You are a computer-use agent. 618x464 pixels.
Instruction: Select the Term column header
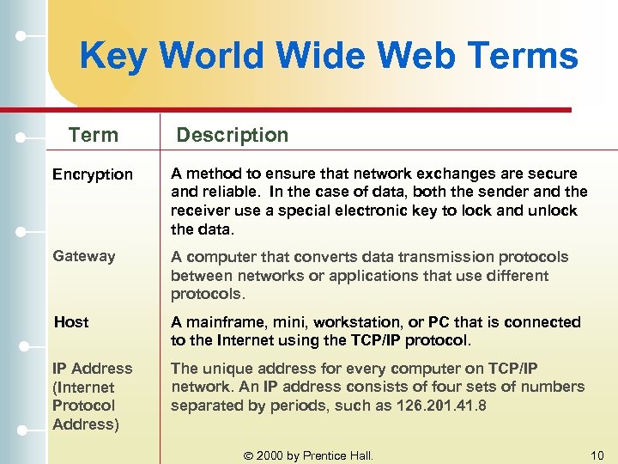(93, 135)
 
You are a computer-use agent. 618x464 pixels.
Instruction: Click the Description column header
(233, 135)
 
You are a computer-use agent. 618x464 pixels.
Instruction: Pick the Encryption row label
(93, 174)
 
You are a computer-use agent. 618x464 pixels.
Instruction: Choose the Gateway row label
(83, 256)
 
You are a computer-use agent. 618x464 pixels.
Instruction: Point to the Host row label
(71, 322)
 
